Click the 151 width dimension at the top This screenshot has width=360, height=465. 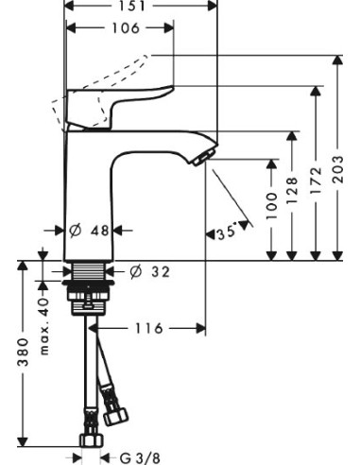click(x=142, y=5)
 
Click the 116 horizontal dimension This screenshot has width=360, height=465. click(x=146, y=328)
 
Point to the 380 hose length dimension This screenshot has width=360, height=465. click(x=21, y=355)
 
